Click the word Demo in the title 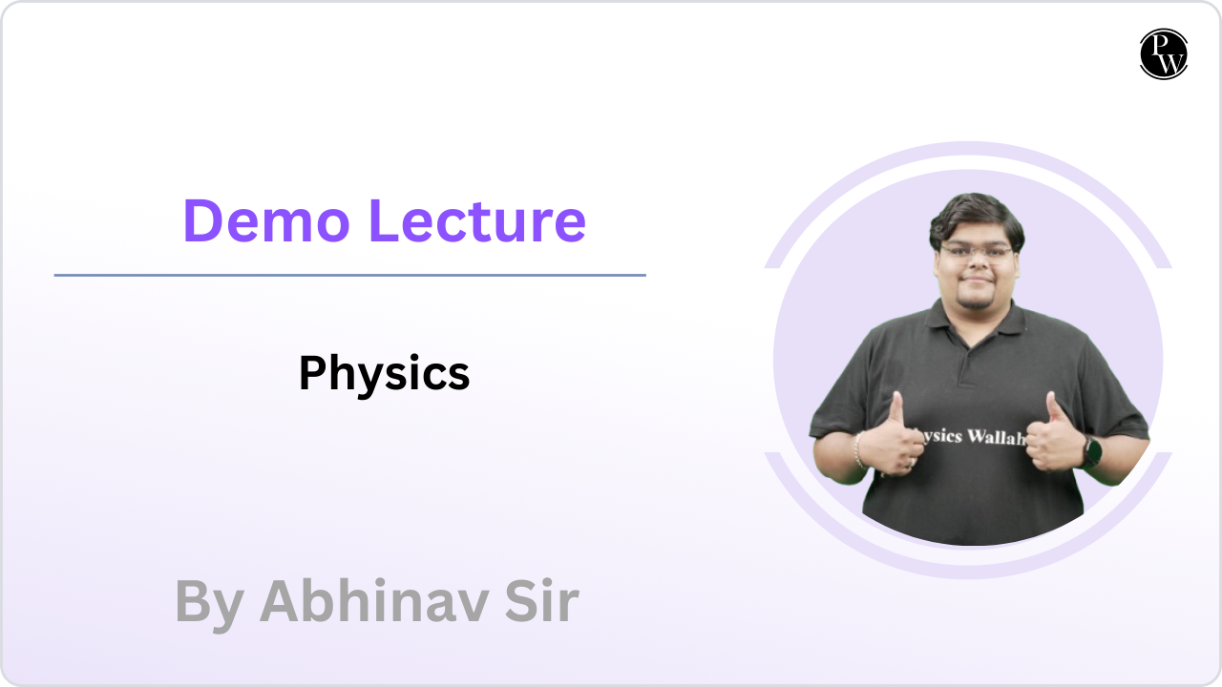(x=266, y=220)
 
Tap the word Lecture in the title (x=477, y=220)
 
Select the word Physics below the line (x=384, y=373)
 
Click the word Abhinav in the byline (x=373, y=601)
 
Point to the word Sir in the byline (x=541, y=601)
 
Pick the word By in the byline (x=209, y=605)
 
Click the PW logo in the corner (x=1164, y=54)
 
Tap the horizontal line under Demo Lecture (x=349, y=276)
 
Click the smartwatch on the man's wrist (x=1091, y=452)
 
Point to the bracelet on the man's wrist (x=858, y=450)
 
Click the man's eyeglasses (x=977, y=253)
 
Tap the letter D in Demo (x=202, y=220)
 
